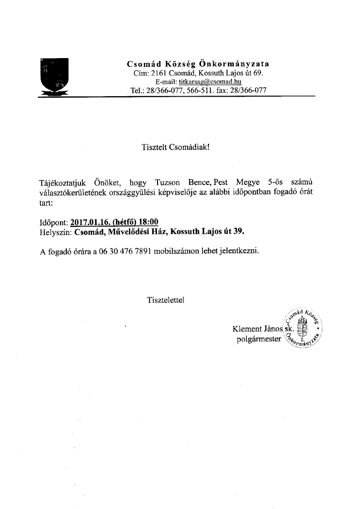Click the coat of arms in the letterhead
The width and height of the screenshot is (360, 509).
pos(55,76)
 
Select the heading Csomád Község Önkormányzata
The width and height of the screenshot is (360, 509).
pos(198,64)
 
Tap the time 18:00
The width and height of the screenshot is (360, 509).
pos(148,222)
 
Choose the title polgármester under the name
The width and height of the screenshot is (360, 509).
pos(259,339)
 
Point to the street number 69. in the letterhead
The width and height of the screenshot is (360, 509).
pos(258,73)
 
